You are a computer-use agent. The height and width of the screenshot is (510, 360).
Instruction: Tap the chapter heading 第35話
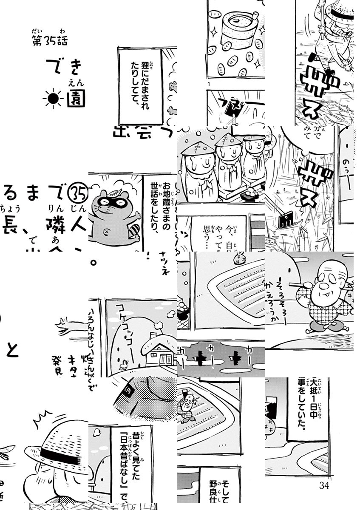(x=50, y=41)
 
